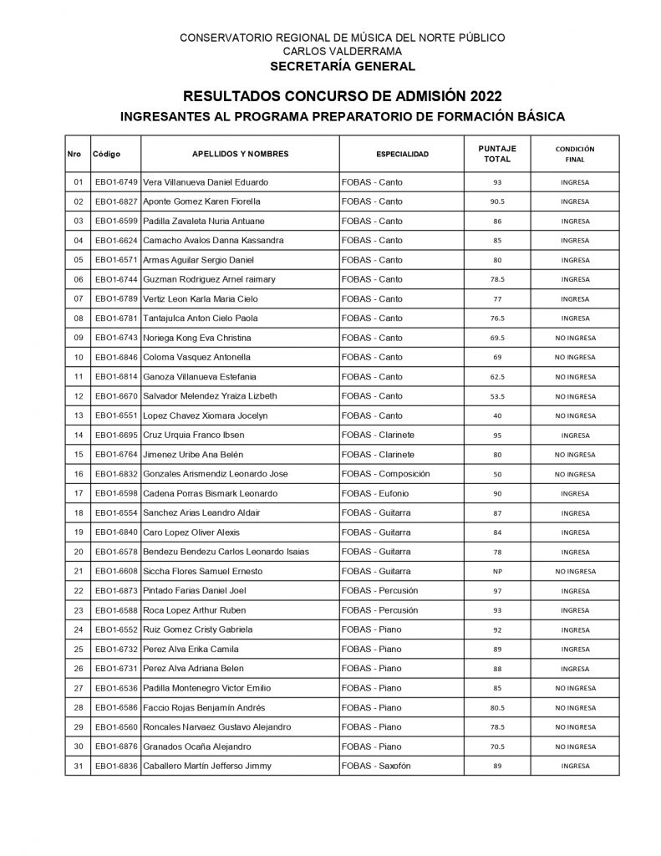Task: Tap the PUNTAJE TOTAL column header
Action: (503, 154)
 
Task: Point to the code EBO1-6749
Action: (116, 182)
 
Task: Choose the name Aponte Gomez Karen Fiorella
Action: (202, 201)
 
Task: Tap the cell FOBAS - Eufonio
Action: (377, 493)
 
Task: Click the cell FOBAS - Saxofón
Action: (379, 766)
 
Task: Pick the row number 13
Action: (79, 415)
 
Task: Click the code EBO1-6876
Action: (116, 746)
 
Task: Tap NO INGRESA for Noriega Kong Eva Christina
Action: (575, 338)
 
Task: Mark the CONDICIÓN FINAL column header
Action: (575, 154)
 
